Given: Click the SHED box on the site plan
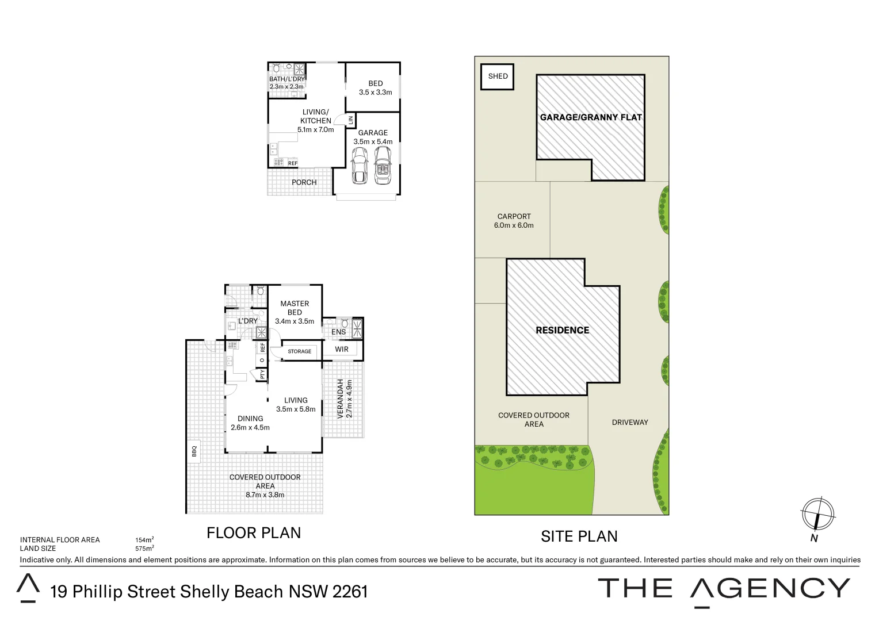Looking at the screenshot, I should tap(498, 76).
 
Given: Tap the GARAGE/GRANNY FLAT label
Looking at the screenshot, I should tap(590, 117).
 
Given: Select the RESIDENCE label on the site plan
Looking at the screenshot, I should tap(562, 330).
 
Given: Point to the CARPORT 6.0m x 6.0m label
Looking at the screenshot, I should tap(514, 221).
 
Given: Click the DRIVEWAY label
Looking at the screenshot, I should tap(630, 422).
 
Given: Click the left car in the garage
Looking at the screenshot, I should tap(359, 166).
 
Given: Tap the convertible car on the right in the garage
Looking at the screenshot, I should tap(383, 166).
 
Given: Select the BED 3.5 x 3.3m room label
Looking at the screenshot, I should tap(375, 88).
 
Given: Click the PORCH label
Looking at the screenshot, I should tap(304, 182).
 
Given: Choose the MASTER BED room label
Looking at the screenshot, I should tap(295, 312).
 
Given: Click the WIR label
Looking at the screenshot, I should tap(342, 349).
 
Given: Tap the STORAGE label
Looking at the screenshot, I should tap(299, 351).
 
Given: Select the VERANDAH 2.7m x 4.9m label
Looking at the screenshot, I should tap(344, 398).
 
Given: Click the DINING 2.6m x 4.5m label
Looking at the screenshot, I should tap(250, 423).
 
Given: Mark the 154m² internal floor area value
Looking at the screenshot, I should tap(144, 540).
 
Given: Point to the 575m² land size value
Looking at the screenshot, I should tap(144, 549).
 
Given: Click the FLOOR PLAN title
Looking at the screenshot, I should tap(254, 533).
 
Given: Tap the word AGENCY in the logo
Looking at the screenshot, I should tap(770, 589).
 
